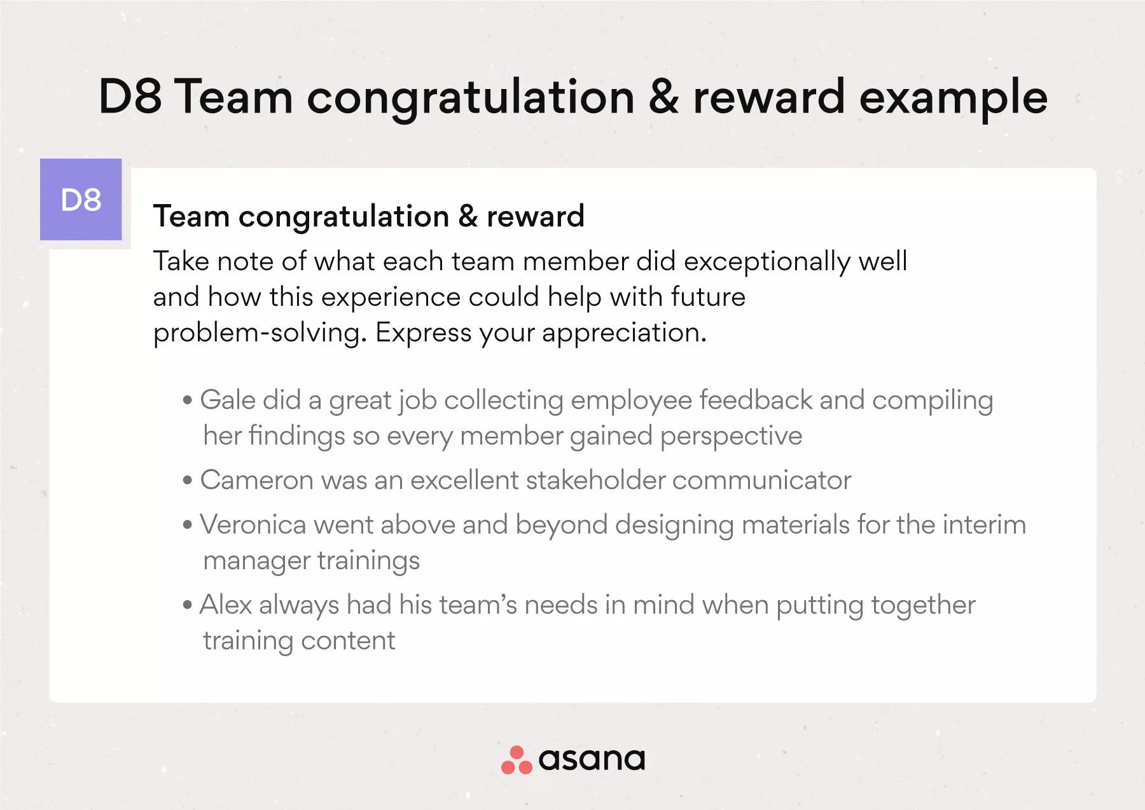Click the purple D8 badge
(x=81, y=200)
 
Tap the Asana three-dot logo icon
(x=517, y=760)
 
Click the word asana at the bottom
(x=592, y=759)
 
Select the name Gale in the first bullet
(x=227, y=400)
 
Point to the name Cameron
(x=257, y=480)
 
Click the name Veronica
(x=253, y=525)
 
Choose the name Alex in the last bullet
(x=226, y=605)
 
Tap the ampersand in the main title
(x=663, y=97)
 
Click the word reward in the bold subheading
(x=536, y=216)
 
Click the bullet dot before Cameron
(x=187, y=481)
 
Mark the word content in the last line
(x=348, y=641)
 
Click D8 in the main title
(x=130, y=97)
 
